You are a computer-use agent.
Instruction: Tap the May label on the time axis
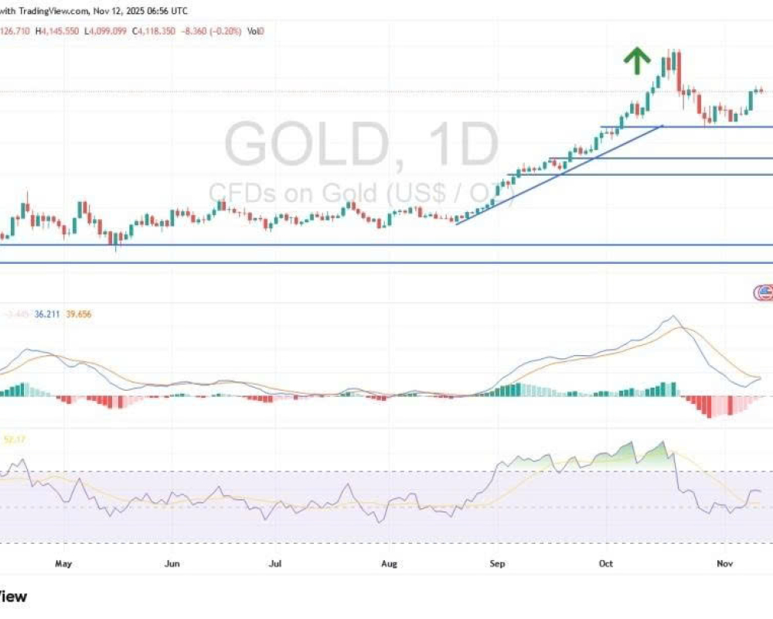63,563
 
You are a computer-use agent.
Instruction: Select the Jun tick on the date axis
172,563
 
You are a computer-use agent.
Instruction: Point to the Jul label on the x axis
274,563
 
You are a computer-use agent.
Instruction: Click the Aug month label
389,563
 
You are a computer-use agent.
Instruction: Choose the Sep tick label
497,563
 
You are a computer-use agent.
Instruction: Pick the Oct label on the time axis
605,563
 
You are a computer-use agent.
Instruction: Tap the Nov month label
724,563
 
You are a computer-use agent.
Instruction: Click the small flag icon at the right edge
764,292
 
